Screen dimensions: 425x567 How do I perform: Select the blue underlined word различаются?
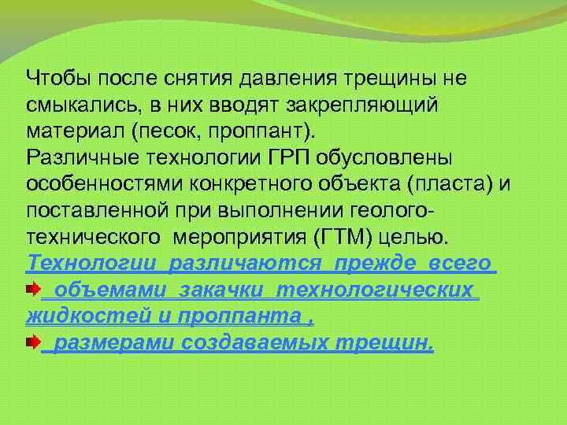253,264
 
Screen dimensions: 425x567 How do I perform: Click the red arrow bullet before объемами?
32,290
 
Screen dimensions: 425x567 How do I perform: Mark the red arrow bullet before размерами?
32,343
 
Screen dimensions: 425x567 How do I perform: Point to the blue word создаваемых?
257,343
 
